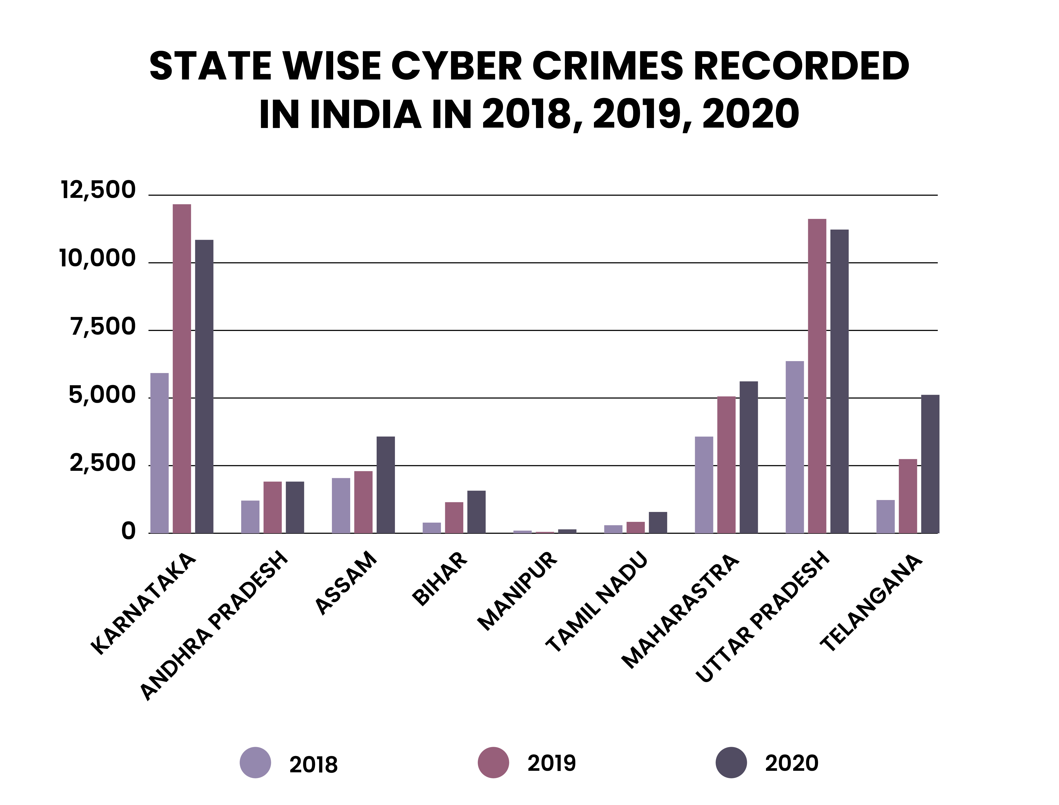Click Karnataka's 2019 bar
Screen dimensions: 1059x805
pyautogui.click(x=182, y=368)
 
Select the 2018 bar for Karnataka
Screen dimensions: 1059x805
pyautogui.click(x=160, y=453)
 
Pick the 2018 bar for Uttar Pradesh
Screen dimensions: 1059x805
pyautogui.click(x=795, y=447)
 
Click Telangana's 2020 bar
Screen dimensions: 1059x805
pyautogui.click(x=930, y=464)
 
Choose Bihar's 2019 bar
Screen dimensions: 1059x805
pyautogui.click(x=454, y=518)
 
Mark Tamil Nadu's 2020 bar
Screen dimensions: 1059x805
pyautogui.click(x=658, y=522)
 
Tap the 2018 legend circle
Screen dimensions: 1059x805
pyautogui.click(x=255, y=762)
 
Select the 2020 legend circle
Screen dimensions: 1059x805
pyautogui.click(x=731, y=762)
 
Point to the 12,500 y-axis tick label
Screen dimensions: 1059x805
pyautogui.click(x=98, y=190)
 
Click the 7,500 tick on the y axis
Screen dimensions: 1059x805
pyautogui.click(x=103, y=327)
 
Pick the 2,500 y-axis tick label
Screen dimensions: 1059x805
pyautogui.click(x=103, y=463)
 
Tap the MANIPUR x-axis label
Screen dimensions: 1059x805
pyautogui.click(x=518, y=592)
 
